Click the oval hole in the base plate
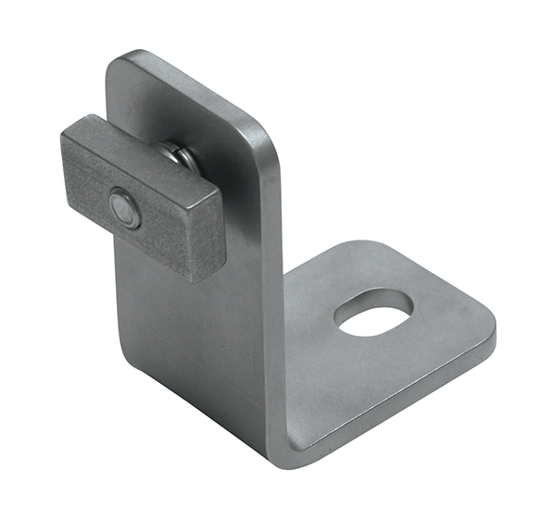pyautogui.click(x=373, y=313)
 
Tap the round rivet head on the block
pyautogui.click(x=123, y=209)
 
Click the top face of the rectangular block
pyautogui.click(x=139, y=148)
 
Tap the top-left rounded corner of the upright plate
pyautogui.click(x=119, y=63)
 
